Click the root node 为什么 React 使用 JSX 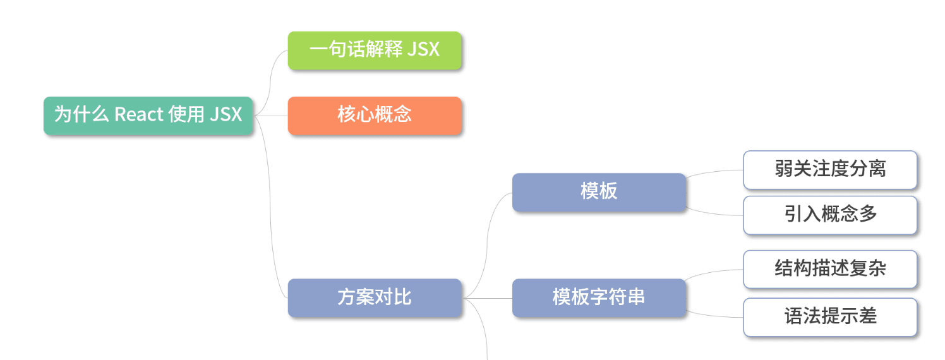click(148, 115)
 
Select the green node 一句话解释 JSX click(375, 50)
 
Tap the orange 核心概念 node click(375, 115)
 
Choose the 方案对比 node click(375, 297)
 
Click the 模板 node click(598, 192)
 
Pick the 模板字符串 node click(598, 297)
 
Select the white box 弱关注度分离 click(829, 169)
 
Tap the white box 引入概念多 click(829, 215)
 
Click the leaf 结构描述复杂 click(829, 269)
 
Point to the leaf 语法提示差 click(829, 316)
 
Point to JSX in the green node click(423, 50)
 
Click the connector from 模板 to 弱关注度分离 click(714, 171)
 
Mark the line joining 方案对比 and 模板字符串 click(488, 298)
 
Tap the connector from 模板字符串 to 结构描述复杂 click(714, 272)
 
